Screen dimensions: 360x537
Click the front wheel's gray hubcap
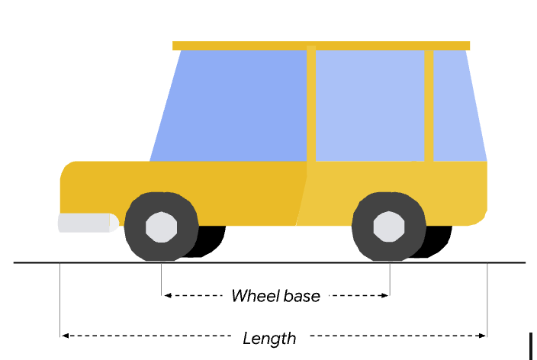pyautogui.click(x=161, y=227)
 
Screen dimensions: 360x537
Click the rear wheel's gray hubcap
pyautogui.click(x=389, y=227)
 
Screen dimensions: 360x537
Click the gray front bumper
pyautogui.click(x=86, y=223)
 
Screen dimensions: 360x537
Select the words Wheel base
pyautogui.click(x=275, y=296)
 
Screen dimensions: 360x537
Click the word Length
pyautogui.click(x=269, y=337)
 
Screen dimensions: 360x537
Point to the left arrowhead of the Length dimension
pyautogui.click(x=65, y=336)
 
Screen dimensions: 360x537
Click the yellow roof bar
pyautogui.click(x=320, y=46)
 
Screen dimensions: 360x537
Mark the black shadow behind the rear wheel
pyautogui.click(x=441, y=243)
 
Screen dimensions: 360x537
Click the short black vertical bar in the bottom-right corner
pyautogui.click(x=530, y=345)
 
